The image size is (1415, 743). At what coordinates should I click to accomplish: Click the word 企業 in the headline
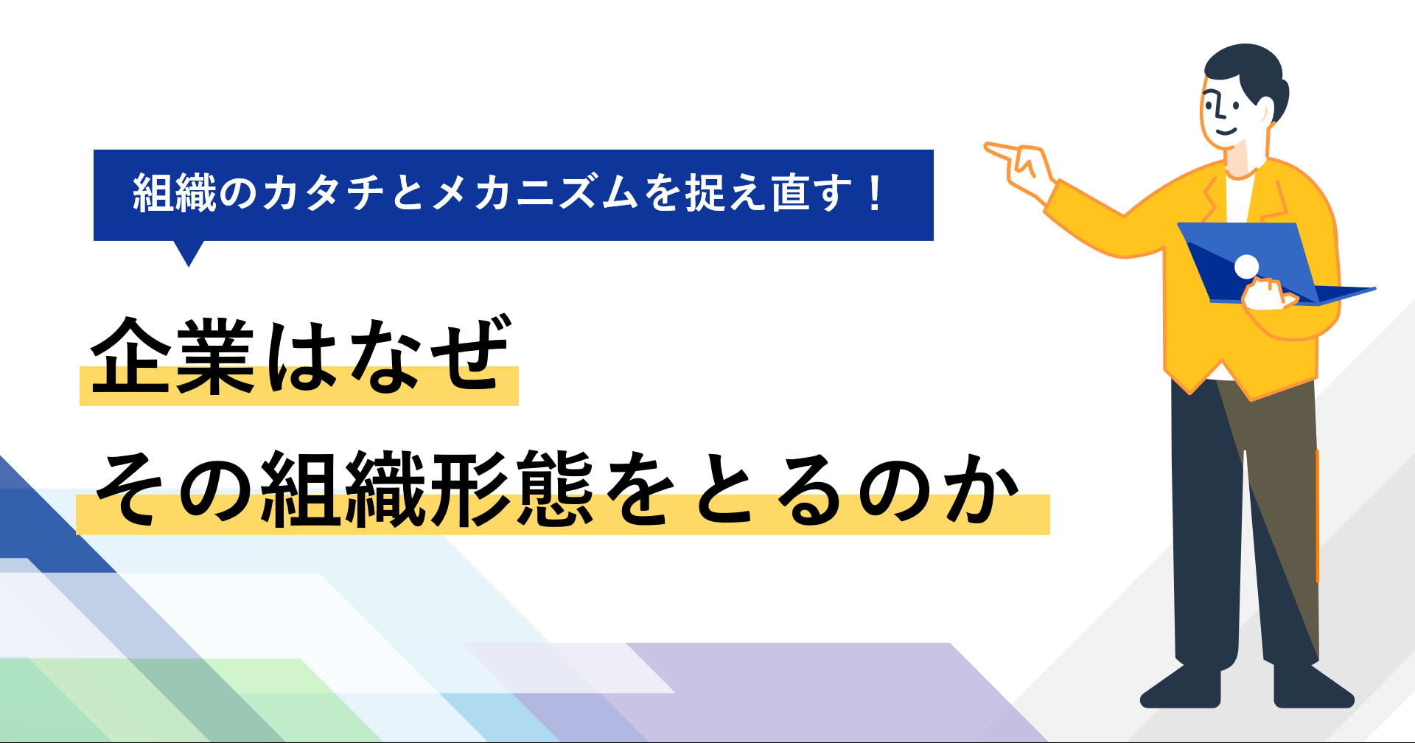[173, 356]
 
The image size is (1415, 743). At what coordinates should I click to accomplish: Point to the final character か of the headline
[981, 489]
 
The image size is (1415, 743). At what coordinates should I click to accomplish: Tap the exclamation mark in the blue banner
[876, 193]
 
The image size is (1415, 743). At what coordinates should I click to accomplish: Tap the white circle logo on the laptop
[1246, 266]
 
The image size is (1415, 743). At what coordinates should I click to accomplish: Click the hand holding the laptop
[1269, 293]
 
